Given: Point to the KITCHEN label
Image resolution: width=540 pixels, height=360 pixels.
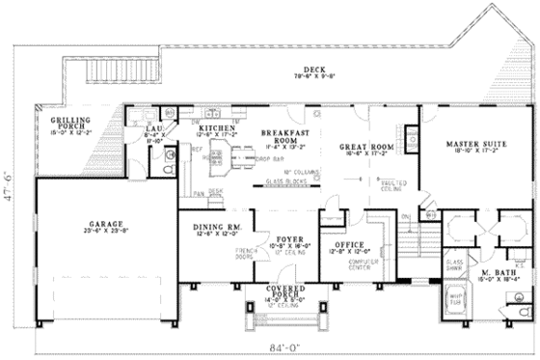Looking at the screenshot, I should click(217, 127).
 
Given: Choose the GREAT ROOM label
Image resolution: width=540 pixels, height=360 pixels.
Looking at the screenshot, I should click(367, 147).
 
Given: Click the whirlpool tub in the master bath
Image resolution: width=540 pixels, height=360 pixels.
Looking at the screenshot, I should click(454, 300).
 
